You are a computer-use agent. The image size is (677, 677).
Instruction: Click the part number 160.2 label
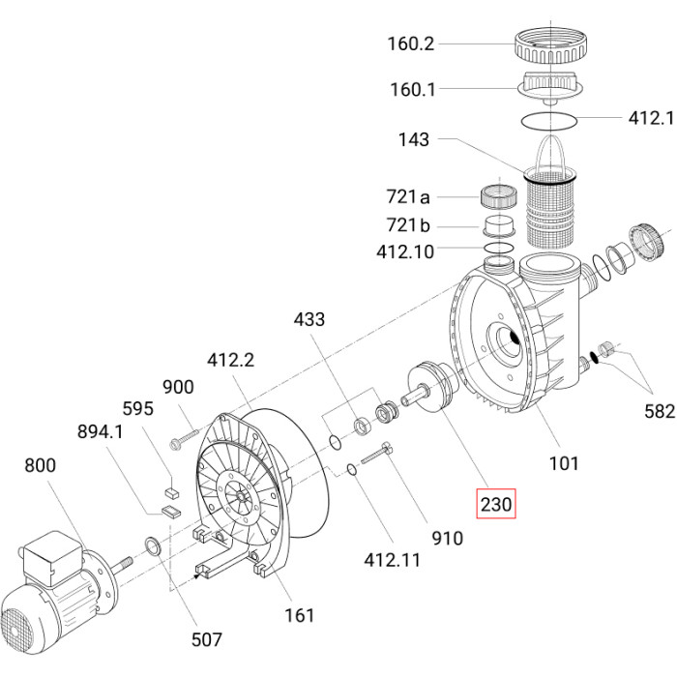(411, 44)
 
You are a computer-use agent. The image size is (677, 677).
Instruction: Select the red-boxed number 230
(495, 504)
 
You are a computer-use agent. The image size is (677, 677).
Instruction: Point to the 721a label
(408, 197)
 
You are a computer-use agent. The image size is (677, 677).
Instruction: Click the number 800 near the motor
(41, 465)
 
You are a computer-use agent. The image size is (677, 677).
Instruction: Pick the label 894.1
(101, 431)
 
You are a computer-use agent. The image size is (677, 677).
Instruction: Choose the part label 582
(660, 411)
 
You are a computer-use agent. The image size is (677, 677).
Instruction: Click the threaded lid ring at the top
(551, 44)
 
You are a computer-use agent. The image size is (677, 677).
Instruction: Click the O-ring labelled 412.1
(549, 121)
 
